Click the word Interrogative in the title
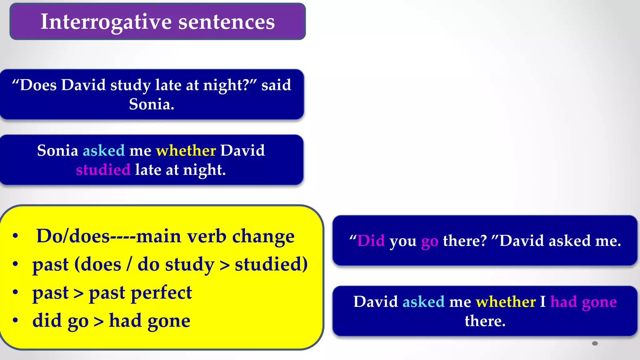(106, 22)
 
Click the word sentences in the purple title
(227, 22)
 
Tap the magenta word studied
(103, 170)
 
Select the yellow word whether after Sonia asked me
(186, 150)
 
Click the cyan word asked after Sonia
(104, 150)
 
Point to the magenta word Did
(371, 241)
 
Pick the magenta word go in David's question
(430, 241)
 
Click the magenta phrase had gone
(583, 302)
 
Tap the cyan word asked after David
(423, 302)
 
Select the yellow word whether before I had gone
(506, 302)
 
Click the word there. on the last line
(485, 321)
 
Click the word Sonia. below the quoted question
(152, 104)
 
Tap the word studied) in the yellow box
(271, 264)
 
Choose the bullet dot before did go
(15, 320)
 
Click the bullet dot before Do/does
(15, 236)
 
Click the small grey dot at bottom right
(595, 343)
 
